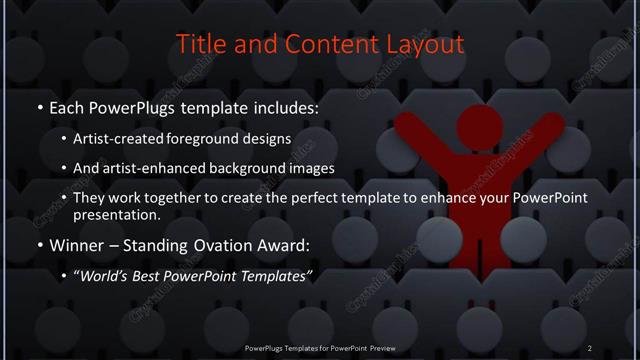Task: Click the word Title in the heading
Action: click(199, 45)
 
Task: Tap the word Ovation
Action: click(227, 246)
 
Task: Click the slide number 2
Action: click(589, 347)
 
